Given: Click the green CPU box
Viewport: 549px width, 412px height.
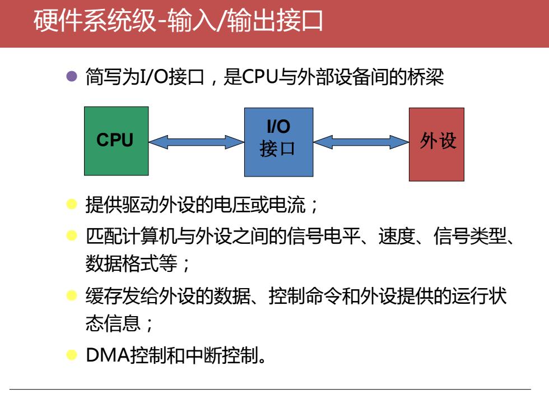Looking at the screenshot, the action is pyautogui.click(x=117, y=141).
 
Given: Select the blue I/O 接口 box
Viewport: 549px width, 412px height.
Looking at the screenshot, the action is pyautogui.click(x=279, y=142).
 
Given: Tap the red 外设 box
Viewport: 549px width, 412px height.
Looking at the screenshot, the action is pyautogui.click(x=436, y=145).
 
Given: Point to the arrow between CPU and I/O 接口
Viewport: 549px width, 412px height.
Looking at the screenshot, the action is pyautogui.click(x=197, y=142).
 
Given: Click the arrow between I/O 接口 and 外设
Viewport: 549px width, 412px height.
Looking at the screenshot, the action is pyautogui.click(x=361, y=142).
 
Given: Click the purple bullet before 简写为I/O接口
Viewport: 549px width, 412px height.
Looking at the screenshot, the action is pyautogui.click(x=72, y=76).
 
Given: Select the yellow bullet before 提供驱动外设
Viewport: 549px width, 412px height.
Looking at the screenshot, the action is pyautogui.click(x=72, y=204).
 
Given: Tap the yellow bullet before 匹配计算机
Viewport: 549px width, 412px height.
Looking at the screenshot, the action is pyautogui.click(x=72, y=235).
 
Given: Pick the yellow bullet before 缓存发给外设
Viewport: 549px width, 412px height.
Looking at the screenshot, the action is pyautogui.click(x=72, y=295).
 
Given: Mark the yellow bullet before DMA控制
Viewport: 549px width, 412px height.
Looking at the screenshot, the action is pyautogui.click(x=72, y=355).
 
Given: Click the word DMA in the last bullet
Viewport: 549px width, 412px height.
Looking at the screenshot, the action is pyautogui.click(x=108, y=355).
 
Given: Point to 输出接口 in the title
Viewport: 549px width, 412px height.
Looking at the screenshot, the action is pyautogui.click(x=275, y=21).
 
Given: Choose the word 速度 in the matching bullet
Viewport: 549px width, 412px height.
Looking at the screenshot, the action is pyautogui.click(x=397, y=236).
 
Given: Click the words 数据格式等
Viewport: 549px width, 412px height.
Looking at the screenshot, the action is pyautogui.click(x=132, y=263).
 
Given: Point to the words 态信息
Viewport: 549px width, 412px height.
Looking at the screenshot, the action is pyautogui.click(x=113, y=323).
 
